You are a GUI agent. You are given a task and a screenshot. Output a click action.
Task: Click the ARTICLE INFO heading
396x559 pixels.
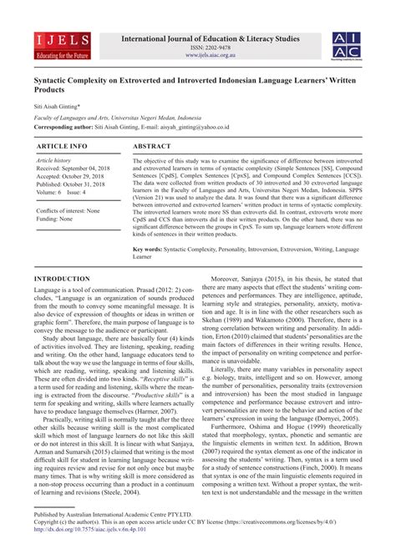click(x=59, y=145)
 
